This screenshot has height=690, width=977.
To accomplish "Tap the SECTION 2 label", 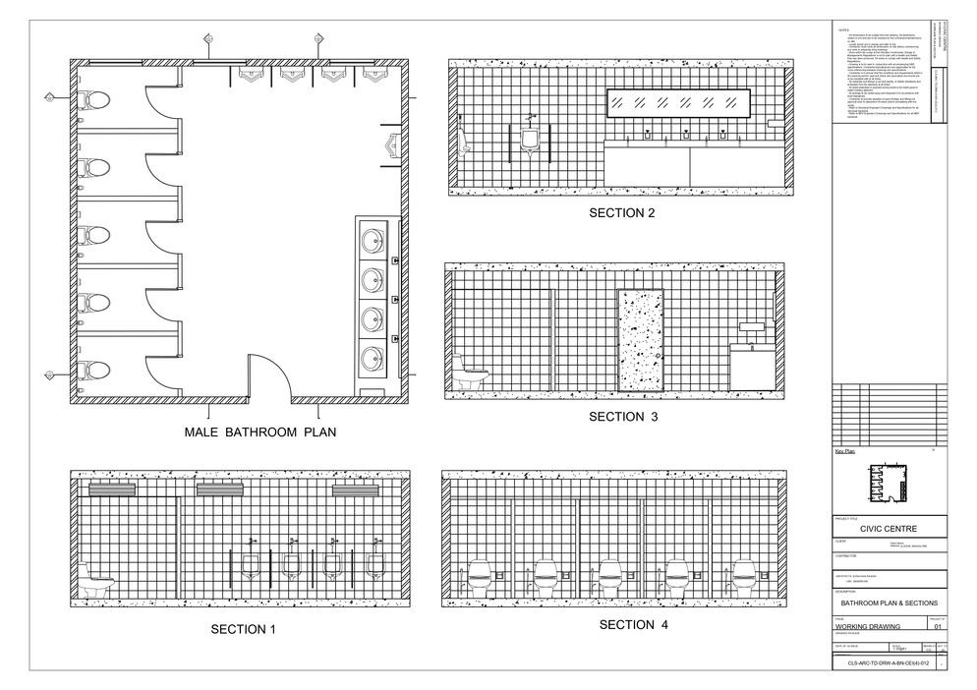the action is click(621, 213).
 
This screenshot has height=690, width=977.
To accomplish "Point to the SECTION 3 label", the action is click(621, 417).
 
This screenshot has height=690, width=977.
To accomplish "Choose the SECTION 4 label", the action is click(626, 625).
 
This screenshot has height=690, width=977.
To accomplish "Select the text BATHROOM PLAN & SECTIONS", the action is click(888, 603).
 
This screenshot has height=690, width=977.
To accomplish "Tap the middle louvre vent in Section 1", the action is click(219, 489).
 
